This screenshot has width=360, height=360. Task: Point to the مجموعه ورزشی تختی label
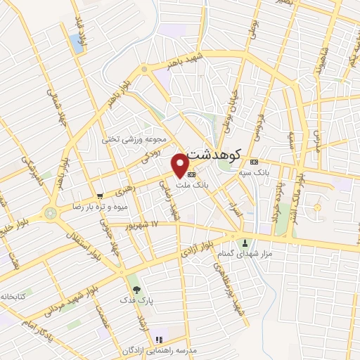[134, 139]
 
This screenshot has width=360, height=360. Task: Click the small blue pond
[75, 44]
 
